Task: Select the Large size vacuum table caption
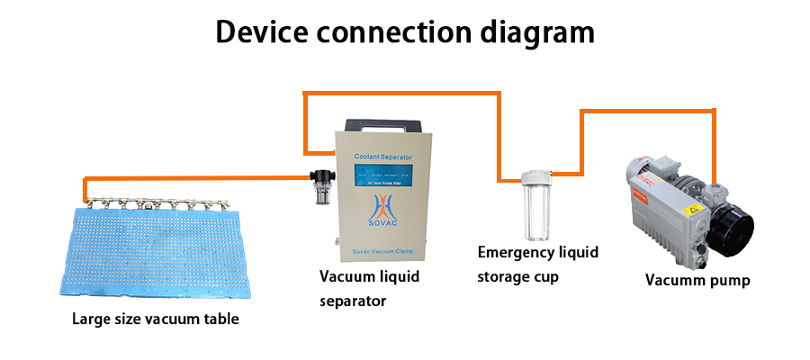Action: (x=156, y=319)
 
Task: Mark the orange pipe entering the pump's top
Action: (x=714, y=144)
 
